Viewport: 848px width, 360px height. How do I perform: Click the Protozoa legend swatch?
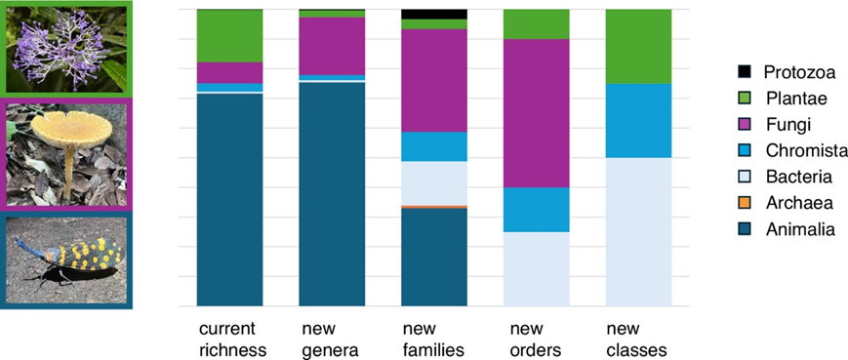pos(746,71)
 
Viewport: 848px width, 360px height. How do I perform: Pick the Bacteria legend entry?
pos(786,177)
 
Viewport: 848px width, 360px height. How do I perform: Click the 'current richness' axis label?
pos(232,340)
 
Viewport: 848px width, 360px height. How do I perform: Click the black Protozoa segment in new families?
pos(434,14)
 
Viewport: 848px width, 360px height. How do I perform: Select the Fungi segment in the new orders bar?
pos(537,113)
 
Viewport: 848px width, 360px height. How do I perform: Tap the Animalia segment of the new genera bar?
pos(332,194)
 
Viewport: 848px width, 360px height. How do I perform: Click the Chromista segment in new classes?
pos(639,121)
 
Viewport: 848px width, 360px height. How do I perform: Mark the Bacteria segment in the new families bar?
pos(434,183)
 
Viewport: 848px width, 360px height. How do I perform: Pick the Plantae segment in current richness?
pos(230,36)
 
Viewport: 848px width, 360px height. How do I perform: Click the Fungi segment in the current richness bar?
pos(230,73)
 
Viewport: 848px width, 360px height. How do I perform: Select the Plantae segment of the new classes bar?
pos(639,47)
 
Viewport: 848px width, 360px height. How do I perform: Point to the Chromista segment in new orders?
pos(537,210)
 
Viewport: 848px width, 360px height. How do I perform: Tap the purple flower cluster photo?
pos(66,49)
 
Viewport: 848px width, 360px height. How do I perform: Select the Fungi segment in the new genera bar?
pos(332,46)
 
